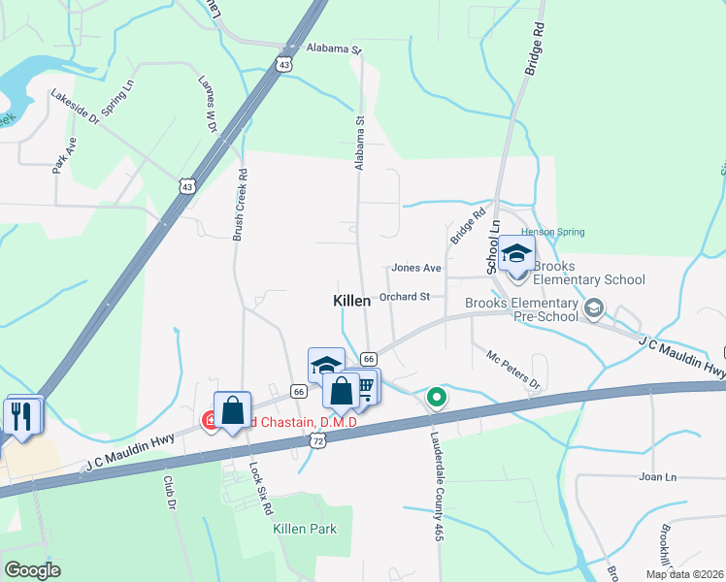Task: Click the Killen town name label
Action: pos(351,302)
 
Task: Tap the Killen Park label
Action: pos(305,529)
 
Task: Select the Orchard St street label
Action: pos(405,297)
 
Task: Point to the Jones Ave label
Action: pos(415,268)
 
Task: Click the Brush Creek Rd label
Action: pos(240,206)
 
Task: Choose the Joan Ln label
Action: pos(657,477)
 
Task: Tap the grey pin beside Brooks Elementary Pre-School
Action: pos(594,309)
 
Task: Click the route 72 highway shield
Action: pos(317,439)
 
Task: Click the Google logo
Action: pos(31,570)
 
